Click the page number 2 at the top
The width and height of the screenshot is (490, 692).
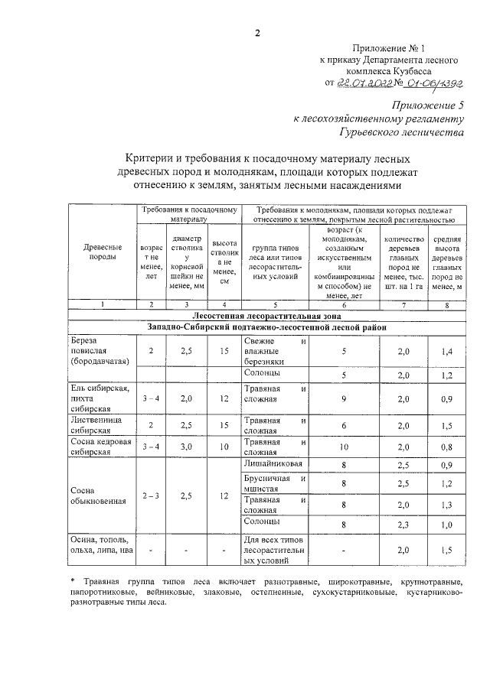257,32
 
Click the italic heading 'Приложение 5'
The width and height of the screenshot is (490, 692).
429,105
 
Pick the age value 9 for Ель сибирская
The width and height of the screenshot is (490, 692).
344,399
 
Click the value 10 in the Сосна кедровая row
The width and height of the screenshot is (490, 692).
344,447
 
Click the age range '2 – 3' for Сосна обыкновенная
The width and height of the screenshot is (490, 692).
151,495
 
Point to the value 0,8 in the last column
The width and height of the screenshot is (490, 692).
446,447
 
